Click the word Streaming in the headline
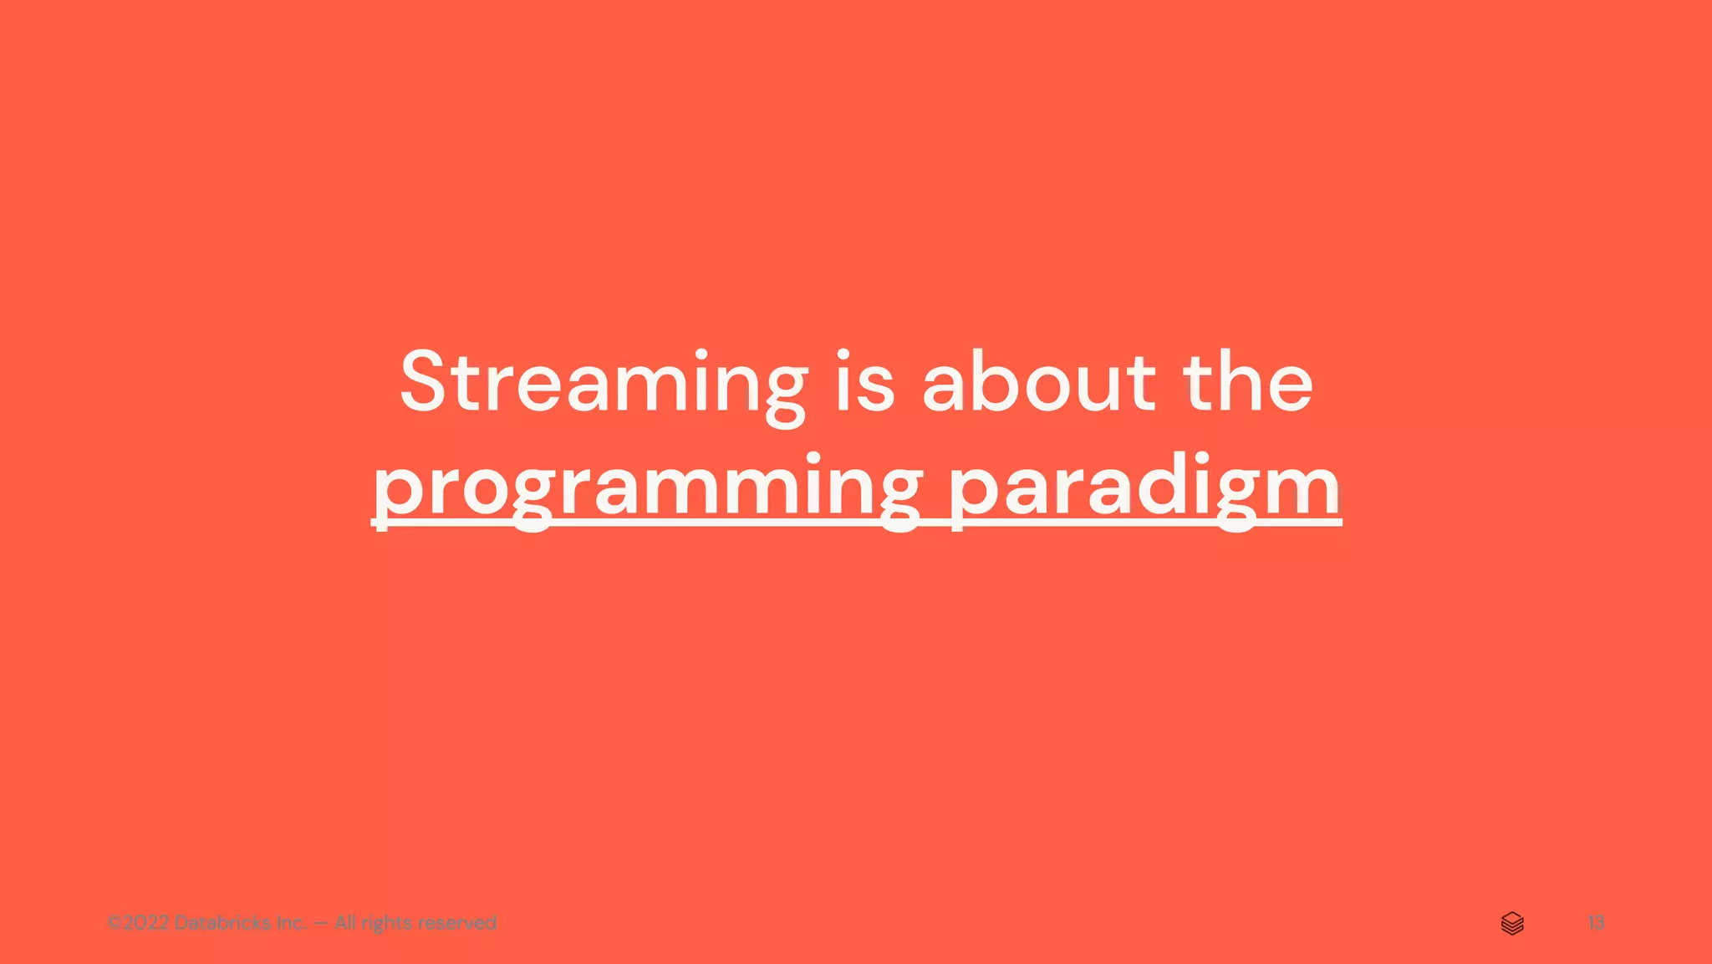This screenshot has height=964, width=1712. coord(603,383)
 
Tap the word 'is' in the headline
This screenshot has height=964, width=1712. coord(865,383)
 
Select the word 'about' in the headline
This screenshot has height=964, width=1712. coord(1038,383)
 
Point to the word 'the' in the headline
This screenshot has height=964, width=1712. coord(1247,383)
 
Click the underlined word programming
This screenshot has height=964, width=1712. coord(646,488)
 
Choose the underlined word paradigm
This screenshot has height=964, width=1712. coord(1144,488)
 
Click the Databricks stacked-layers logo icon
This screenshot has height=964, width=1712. coord(1512,923)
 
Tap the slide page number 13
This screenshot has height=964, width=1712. coord(1596,923)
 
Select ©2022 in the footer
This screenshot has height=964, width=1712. coord(138,923)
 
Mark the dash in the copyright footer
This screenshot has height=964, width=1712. coord(321,923)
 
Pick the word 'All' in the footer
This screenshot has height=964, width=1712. coord(345,923)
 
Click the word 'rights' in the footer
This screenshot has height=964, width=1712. coord(385,923)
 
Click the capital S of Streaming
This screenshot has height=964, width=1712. coord(432,383)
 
